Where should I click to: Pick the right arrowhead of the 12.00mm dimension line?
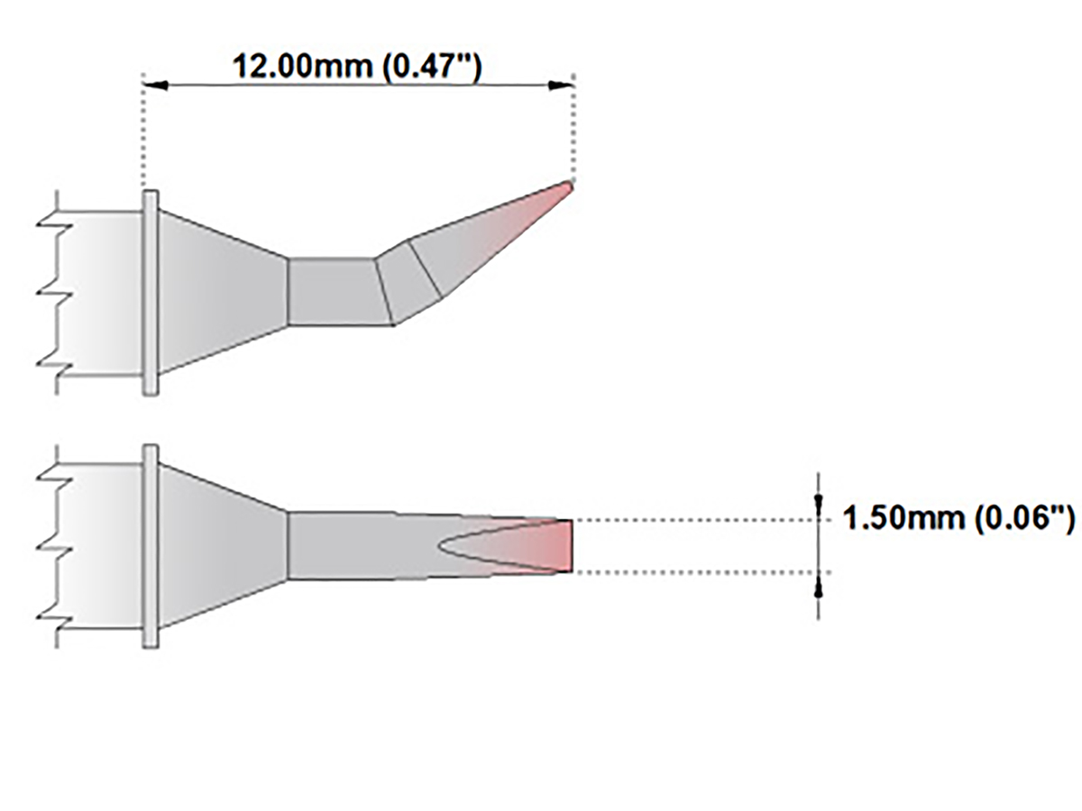pyautogui.click(x=562, y=86)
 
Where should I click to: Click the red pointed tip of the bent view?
pyautogui.click(x=564, y=187)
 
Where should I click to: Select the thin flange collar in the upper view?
pyautogui.click(x=151, y=292)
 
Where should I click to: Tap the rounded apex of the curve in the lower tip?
pyautogui.click(x=441, y=546)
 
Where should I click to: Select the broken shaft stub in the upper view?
pyautogui.click(x=95, y=292)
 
